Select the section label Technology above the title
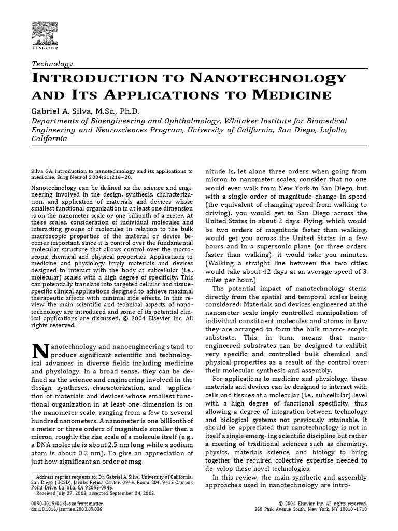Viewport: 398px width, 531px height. [52, 64]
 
